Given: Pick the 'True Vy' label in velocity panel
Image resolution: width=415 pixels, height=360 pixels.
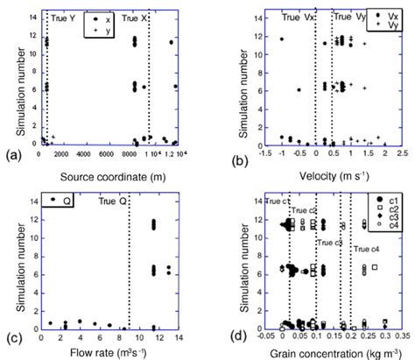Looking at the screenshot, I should click(345, 17).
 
